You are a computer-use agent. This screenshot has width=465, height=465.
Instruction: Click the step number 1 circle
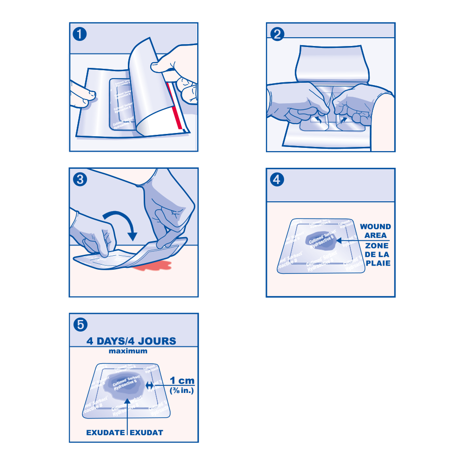[80, 34]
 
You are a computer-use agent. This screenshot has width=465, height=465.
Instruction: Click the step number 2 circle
[277, 34]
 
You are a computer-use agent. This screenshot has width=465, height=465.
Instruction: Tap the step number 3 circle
[80, 179]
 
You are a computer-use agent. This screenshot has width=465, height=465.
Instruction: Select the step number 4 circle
[277, 179]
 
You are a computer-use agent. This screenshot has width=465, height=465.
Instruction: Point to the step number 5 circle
[80, 325]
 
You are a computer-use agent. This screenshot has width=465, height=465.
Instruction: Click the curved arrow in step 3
[122, 222]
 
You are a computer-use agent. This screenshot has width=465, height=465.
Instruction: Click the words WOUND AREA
[375, 231]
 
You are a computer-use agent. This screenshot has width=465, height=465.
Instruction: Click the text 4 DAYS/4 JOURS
[131, 341]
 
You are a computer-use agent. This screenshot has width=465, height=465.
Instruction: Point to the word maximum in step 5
[128, 351]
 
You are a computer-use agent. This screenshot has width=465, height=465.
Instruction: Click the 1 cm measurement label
[182, 381]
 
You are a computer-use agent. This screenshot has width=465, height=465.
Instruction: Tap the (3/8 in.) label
[182, 391]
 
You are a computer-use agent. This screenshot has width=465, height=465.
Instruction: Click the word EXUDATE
[106, 432]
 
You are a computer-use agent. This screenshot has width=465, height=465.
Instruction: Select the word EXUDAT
[146, 432]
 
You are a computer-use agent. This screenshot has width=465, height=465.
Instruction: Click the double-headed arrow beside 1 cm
[149, 385]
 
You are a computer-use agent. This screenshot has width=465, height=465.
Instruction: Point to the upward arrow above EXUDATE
[126, 409]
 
